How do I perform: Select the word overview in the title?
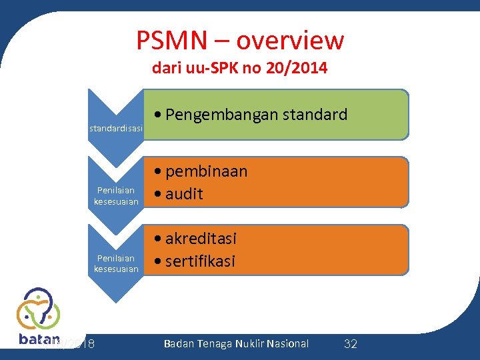[290, 41]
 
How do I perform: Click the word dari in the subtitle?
[165, 68]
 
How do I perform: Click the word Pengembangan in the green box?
[221, 115]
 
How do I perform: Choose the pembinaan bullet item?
[206, 171]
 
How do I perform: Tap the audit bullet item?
[184, 194]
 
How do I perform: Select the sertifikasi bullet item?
[200, 261]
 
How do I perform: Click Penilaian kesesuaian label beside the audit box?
[116, 196]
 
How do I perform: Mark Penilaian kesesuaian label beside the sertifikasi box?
[116, 263]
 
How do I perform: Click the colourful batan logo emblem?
[38, 309]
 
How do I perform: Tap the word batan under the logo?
[39, 339]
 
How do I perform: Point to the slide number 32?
[350, 344]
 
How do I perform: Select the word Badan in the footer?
[178, 343]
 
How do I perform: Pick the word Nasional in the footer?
[287, 343]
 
